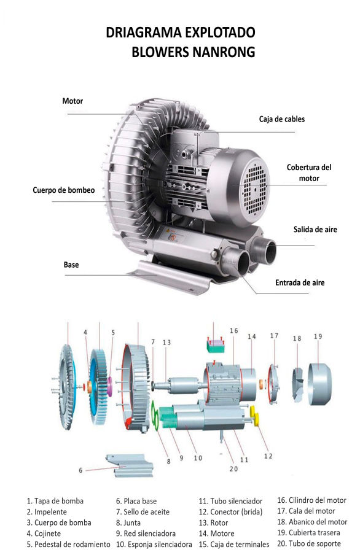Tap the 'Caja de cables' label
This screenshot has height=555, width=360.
coord(281,119)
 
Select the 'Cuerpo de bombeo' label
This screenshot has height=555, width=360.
coord(63,190)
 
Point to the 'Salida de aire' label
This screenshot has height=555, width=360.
coord(315,230)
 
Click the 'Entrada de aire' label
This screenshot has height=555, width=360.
coord(300,283)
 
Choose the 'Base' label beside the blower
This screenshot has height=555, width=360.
coord(71,265)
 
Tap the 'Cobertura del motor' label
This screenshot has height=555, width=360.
coord(309,173)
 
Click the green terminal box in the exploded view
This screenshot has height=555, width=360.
coord(214,347)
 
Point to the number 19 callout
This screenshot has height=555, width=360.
coord(318,336)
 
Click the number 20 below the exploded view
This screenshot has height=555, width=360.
coord(233,470)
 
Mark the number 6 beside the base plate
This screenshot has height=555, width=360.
coord(80,470)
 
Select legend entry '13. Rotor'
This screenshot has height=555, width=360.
coord(213,523)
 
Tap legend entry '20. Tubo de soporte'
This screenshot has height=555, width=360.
coord(308,544)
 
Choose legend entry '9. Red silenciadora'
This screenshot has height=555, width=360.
coord(146,534)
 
